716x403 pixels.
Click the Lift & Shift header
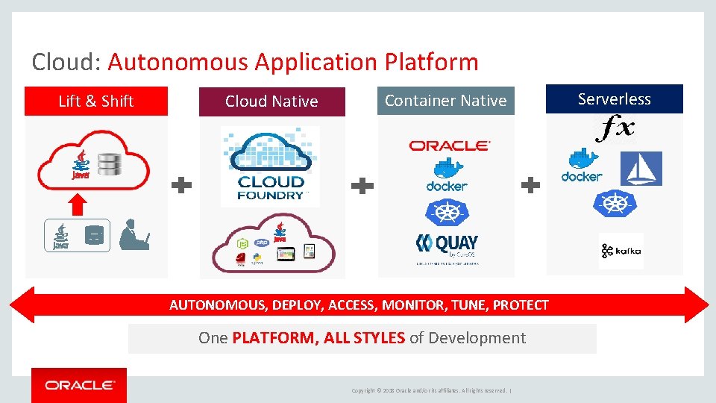pyautogui.click(x=96, y=101)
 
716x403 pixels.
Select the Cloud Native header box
pyautogui.click(x=271, y=101)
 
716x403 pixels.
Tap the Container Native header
pyautogui.click(x=445, y=101)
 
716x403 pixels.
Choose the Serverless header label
pyautogui.click(x=614, y=99)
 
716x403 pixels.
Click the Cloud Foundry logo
pyautogui.click(x=271, y=166)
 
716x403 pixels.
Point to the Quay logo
pyautogui.click(x=446, y=247)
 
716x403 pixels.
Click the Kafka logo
pyautogui.click(x=621, y=252)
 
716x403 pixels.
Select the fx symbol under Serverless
pyautogui.click(x=615, y=129)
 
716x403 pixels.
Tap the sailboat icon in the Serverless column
pyautogui.click(x=641, y=169)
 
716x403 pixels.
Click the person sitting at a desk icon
pyautogui.click(x=134, y=234)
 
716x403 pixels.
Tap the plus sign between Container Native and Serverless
pyautogui.click(x=530, y=186)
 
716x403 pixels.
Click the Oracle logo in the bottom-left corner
pyautogui.click(x=79, y=385)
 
